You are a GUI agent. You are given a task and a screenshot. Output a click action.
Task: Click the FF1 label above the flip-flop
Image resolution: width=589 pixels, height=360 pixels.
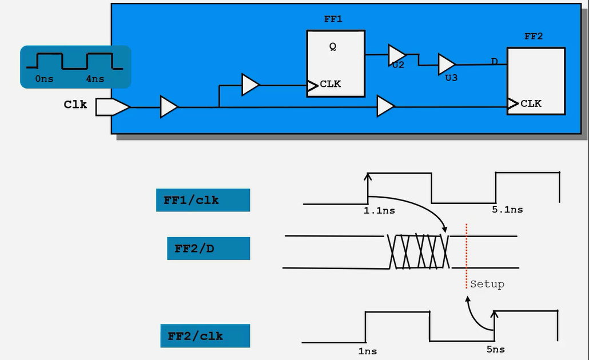[333, 19]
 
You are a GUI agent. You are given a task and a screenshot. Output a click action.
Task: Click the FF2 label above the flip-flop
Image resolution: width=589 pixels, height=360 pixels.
[534, 37]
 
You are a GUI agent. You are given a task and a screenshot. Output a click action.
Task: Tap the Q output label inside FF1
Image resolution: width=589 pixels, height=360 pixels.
[333, 46]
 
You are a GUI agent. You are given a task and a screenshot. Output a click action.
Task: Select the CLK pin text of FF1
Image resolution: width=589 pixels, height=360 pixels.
[330, 84]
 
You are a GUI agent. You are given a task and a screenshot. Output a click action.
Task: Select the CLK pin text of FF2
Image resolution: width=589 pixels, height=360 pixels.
[531, 103]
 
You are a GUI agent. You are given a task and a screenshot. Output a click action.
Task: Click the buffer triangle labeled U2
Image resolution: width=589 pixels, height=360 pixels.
[397, 55]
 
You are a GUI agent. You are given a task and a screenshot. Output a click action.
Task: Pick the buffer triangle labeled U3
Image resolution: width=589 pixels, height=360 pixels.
[447, 64]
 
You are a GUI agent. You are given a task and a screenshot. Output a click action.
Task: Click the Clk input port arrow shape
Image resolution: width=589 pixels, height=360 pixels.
[113, 107]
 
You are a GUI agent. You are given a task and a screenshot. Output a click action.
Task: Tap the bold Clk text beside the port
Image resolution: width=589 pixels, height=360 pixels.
[75, 105]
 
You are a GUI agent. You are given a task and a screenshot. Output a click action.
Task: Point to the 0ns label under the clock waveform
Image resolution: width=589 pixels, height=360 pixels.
[45, 79]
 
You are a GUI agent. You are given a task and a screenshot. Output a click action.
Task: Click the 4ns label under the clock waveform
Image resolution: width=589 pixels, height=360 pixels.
[95, 79]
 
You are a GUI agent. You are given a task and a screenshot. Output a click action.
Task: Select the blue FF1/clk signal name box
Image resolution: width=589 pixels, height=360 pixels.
[203, 200]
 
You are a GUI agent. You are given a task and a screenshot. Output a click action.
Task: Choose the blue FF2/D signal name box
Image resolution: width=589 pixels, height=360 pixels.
[209, 249]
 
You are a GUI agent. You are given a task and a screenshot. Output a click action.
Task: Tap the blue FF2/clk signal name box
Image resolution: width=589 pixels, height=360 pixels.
[205, 336]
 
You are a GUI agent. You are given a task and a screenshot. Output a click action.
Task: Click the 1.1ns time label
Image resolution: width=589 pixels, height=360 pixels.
[379, 211]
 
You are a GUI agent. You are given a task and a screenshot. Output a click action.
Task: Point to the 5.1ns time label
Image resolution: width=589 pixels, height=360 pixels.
[507, 210]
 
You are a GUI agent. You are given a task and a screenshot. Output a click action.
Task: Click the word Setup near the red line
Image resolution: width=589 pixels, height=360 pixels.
[487, 284]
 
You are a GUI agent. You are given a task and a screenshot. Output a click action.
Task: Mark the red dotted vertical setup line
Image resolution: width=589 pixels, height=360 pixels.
[467, 257]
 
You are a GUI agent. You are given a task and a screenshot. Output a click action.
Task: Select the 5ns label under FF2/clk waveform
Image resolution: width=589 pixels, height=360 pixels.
[495, 350]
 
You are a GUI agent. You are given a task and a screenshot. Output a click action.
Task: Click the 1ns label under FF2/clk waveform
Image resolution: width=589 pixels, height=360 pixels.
[367, 351]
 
